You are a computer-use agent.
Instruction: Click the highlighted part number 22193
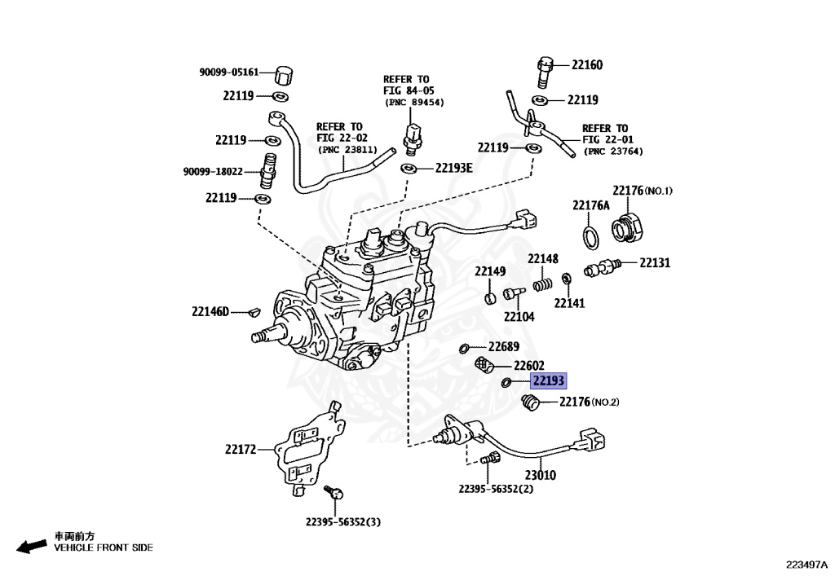pyautogui.click(x=548, y=380)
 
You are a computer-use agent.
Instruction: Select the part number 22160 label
pyautogui.click(x=587, y=65)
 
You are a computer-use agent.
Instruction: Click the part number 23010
pyautogui.click(x=540, y=474)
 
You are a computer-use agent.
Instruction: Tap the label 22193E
pyautogui.click(x=453, y=168)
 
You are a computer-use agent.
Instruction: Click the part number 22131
pyautogui.click(x=655, y=262)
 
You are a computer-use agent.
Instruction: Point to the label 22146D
pyautogui.click(x=211, y=310)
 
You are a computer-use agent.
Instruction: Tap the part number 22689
pyautogui.click(x=505, y=346)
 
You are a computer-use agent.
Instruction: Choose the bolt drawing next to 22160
pyautogui.click(x=545, y=71)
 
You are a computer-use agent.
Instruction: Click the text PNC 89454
pyautogui.click(x=413, y=103)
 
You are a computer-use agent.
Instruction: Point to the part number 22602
pyautogui.click(x=528, y=366)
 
